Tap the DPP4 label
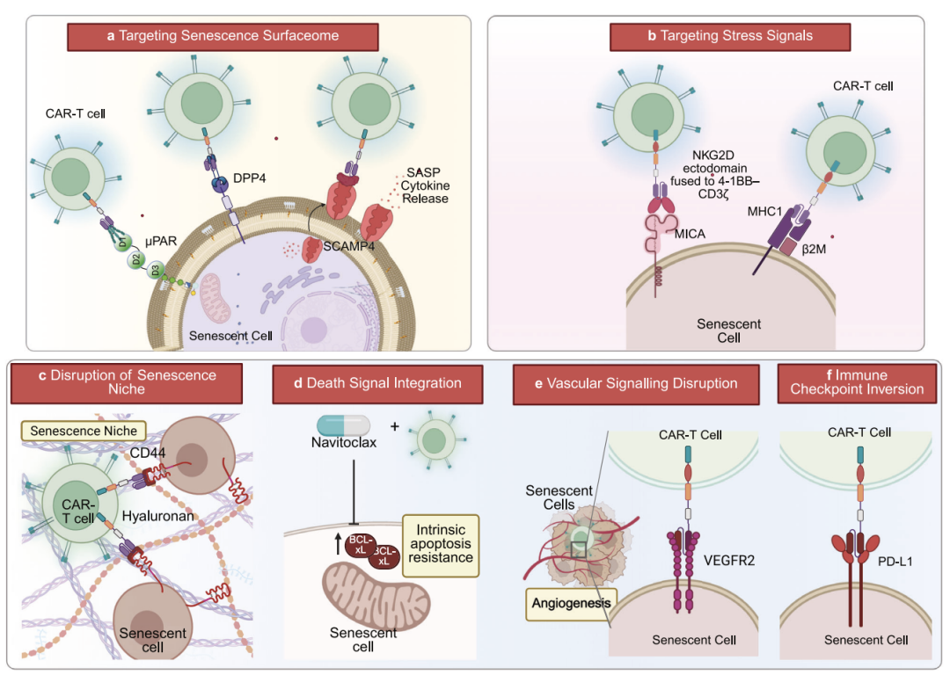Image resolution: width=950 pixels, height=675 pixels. [249, 178]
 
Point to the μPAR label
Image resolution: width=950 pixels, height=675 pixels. [161, 241]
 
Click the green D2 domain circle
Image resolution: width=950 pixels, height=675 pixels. [136, 260]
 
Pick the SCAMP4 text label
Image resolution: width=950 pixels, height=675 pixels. [348, 246]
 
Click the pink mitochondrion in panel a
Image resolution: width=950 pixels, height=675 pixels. [216, 297]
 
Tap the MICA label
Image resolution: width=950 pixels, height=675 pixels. [690, 234]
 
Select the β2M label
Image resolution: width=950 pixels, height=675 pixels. [814, 249]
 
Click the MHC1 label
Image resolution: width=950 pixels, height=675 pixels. [764, 211]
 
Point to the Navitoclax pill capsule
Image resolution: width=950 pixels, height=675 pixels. [344, 425]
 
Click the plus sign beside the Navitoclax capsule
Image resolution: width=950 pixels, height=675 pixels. [394, 427]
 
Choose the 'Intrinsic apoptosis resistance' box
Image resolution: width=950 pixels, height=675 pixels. [441, 545]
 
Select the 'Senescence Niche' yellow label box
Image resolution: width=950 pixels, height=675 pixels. [84, 431]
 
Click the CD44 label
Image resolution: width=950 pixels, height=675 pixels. [147, 453]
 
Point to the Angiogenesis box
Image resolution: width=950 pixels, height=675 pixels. [572, 604]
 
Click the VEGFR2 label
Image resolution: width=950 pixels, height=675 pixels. [729, 561]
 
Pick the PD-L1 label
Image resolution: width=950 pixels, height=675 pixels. [895, 562]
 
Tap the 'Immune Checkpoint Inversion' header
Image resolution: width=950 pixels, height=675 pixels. [857, 383]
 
